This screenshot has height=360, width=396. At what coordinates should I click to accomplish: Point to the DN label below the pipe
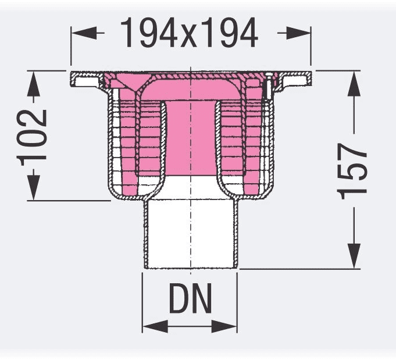(x=190, y=301)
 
